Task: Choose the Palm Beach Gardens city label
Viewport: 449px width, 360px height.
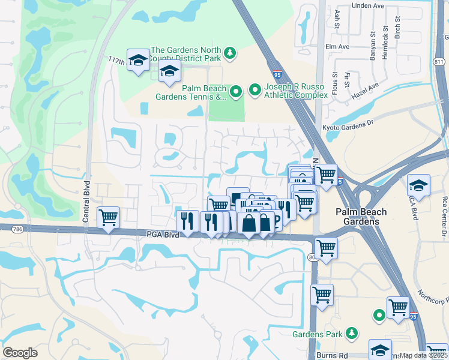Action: tap(361, 217)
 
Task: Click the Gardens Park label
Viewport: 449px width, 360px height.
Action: tap(316, 334)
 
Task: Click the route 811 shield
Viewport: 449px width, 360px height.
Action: tap(440, 62)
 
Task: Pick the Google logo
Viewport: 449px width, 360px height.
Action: tap(20, 353)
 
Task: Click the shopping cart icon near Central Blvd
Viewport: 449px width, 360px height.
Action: tap(108, 217)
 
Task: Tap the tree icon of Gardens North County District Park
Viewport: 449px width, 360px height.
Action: tap(229, 54)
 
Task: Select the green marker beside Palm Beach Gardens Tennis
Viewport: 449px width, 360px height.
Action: tap(236, 92)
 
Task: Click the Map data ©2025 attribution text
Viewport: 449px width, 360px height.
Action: tap(424, 355)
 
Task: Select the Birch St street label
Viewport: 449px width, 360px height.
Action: tap(397, 28)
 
